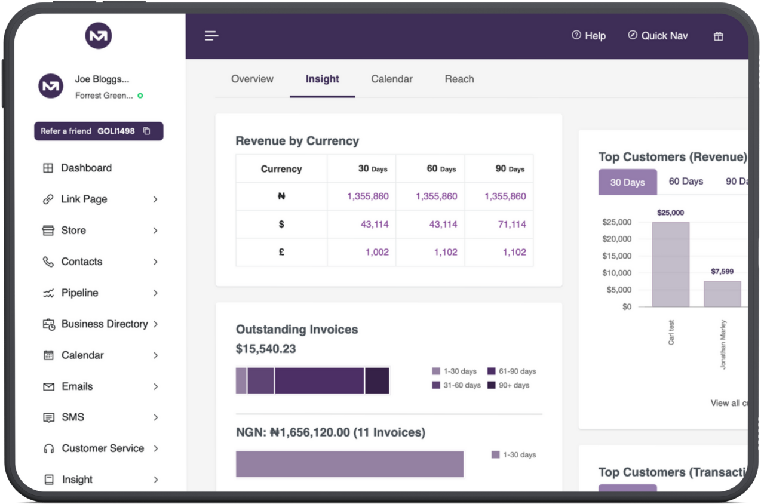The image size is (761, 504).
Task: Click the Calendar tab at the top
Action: pos(391,79)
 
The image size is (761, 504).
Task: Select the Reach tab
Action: pos(459,79)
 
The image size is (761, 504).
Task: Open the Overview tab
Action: pos(252,79)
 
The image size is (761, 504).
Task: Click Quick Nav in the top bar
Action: pos(658,36)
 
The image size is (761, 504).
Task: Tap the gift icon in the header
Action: pos(718,36)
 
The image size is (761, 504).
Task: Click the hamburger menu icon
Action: pos(211,36)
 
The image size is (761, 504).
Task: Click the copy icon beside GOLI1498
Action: pos(147,131)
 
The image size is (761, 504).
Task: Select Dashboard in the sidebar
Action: pos(86,168)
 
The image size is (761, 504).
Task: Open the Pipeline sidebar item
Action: pos(79,293)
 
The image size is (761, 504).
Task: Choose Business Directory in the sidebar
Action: pos(104,324)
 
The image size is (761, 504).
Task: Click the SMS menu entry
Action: pos(73,417)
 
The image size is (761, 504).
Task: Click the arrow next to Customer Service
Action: pos(155,448)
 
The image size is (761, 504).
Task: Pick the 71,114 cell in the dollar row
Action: pos(505,224)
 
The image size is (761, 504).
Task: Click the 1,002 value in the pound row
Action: pos(377,252)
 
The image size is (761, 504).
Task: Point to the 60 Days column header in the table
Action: pos(441,169)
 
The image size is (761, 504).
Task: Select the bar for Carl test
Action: pos(670,264)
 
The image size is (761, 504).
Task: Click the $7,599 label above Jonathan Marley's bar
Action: pos(722,272)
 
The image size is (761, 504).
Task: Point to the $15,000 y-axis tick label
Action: pos(616,256)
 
